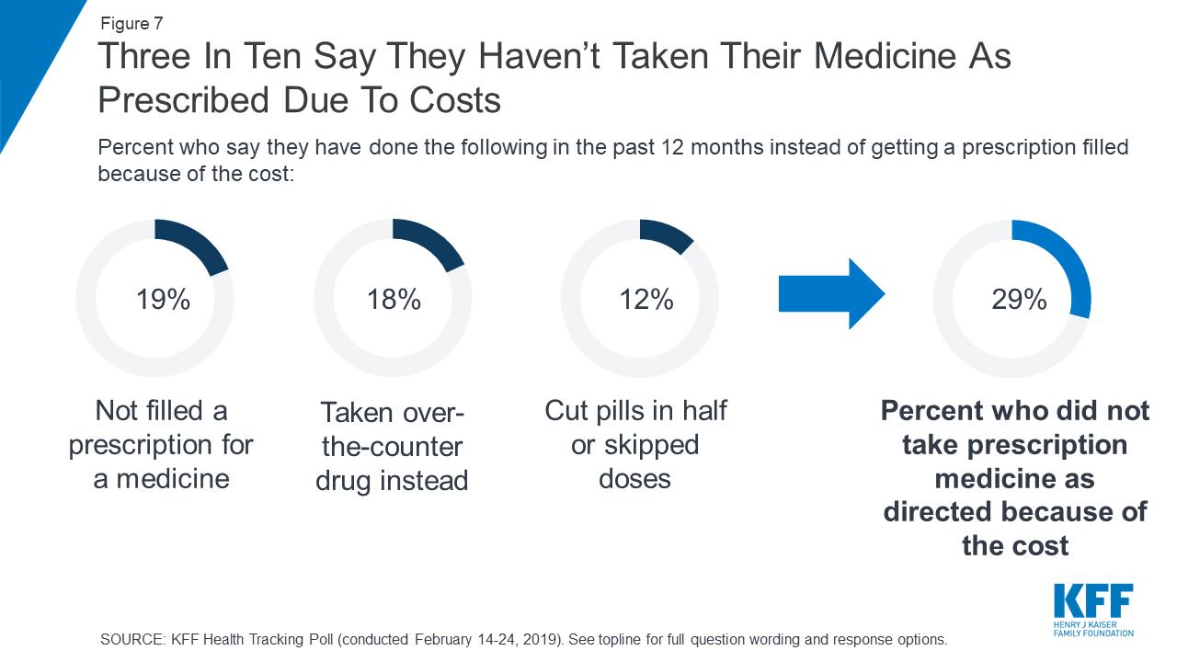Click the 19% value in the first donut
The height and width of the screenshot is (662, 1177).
[x=164, y=299]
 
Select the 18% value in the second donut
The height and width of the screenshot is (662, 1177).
[x=394, y=299]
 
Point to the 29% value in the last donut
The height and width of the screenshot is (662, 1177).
[x=1019, y=299]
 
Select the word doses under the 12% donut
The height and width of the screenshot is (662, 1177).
[x=634, y=479]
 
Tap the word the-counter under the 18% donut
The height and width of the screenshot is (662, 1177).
[x=392, y=448]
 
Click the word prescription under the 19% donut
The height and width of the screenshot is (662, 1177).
[x=161, y=445]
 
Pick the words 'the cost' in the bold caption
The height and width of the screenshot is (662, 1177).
[x=1015, y=545]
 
